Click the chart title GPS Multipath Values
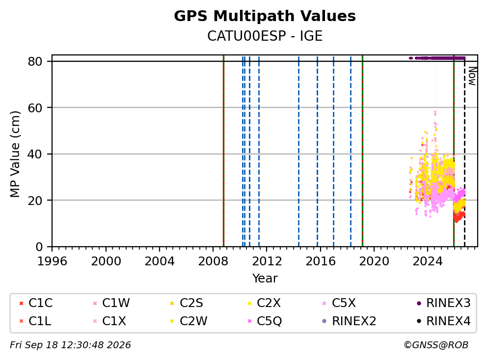(265, 16)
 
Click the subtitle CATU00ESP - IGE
(265, 36)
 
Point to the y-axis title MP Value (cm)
(15, 154)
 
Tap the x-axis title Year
(265, 278)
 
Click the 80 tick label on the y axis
(35, 61)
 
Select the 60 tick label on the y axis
(35, 108)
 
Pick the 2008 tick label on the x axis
(213, 261)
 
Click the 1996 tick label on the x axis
(52, 261)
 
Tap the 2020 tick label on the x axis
(374, 261)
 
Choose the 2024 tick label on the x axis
(428, 261)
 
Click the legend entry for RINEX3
(444, 303)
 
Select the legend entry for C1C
(36, 303)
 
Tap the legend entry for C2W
(189, 321)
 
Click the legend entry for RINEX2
(350, 321)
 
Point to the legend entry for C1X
(109, 321)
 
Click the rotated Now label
(472, 77)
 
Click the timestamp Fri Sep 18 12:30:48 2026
(70, 345)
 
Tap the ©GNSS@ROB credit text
(436, 345)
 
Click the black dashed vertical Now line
(464, 153)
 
